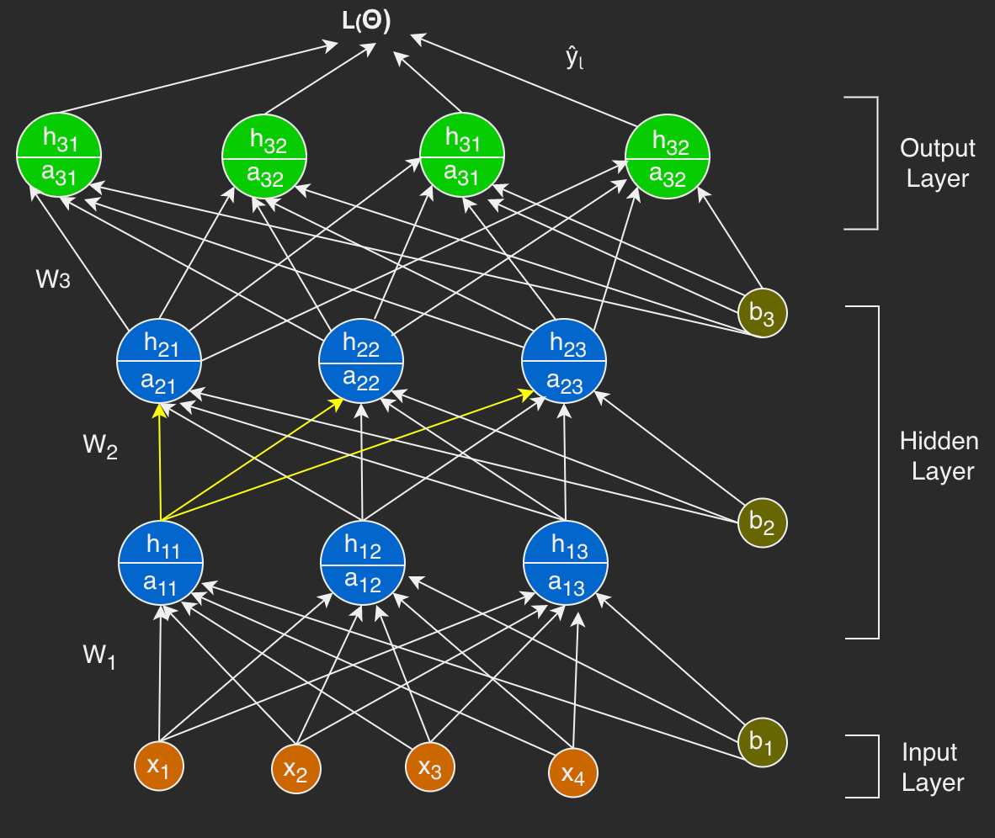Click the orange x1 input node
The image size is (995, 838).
[159, 766]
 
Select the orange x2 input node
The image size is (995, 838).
[296, 769]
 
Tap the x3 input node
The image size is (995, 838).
[430, 766]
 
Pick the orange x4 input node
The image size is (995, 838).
[573, 772]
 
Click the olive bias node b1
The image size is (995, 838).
[763, 742]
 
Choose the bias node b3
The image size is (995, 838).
[763, 313]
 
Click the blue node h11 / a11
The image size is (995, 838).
[161, 562]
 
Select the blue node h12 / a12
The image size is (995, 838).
[364, 562]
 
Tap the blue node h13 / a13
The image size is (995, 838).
[566, 562]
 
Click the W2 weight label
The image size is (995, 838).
[100, 446]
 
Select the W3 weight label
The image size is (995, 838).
[52, 278]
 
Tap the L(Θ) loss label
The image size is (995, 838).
[366, 24]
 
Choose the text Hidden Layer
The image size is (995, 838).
[939, 456]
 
